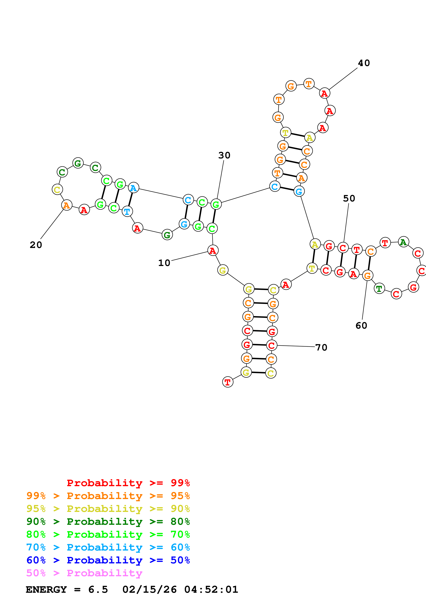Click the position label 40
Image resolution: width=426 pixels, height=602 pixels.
364,63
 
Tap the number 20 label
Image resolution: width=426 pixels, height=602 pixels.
36,245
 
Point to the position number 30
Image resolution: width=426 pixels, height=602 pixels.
224,155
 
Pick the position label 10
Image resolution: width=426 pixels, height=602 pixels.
164,263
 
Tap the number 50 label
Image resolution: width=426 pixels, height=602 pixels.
349,199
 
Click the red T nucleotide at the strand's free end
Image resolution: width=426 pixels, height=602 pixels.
228,382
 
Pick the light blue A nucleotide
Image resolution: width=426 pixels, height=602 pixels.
133,188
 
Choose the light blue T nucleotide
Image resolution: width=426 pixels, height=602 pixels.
127,211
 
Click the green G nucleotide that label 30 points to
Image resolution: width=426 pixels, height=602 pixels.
216,204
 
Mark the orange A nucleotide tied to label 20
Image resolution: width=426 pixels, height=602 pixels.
67,205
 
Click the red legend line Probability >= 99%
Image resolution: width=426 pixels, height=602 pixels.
128,483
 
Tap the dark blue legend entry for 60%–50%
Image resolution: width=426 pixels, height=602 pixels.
108,560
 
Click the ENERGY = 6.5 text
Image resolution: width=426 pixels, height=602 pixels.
67,589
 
